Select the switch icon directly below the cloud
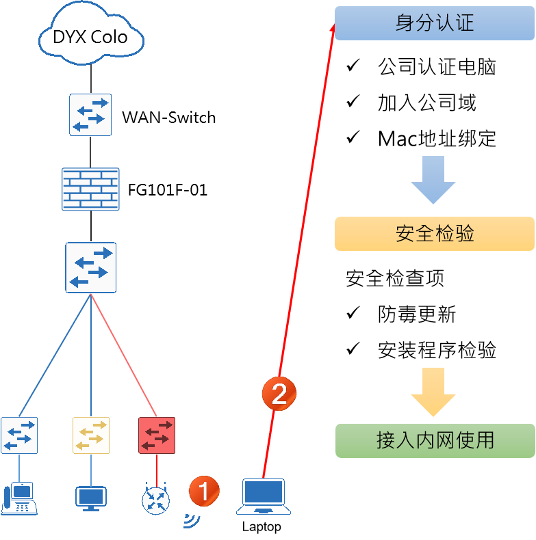pos(90,114)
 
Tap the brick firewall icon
pos(90,189)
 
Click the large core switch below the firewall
pos(90,267)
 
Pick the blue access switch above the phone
pos(19,435)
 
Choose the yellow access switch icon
pos(91,435)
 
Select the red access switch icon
pos(157,435)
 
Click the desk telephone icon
pos(19,498)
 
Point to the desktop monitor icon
pos(91,498)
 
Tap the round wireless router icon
pos(156,500)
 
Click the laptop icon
pos(264,496)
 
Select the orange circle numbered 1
pos(204,491)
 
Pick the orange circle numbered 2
pos(279,394)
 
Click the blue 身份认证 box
pos(434,23)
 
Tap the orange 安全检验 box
pos(434,234)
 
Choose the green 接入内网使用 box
pos(435,440)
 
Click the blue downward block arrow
pos(433,180)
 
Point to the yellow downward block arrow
pos(433,392)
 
